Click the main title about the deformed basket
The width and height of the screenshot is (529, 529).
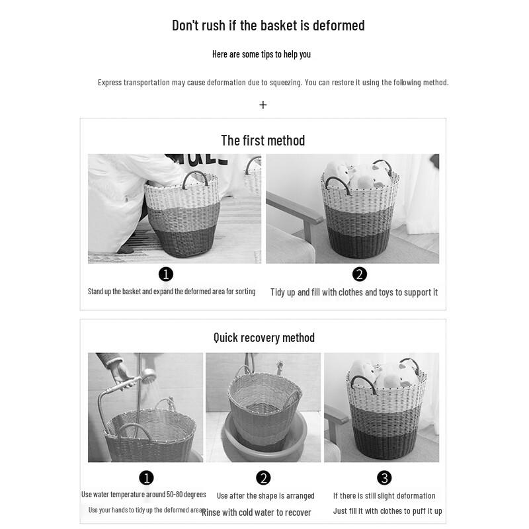(268, 26)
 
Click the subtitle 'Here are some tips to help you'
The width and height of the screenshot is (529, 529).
(261, 54)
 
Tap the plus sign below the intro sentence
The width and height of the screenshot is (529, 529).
(263, 104)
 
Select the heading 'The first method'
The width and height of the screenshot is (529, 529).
(263, 140)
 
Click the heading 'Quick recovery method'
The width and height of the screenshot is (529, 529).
(264, 337)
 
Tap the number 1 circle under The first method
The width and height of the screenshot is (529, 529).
(166, 274)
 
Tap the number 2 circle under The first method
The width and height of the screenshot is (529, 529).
(359, 274)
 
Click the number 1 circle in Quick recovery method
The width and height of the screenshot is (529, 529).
(146, 477)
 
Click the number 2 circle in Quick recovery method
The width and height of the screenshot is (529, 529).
(263, 477)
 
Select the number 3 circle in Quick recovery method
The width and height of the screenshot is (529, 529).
(384, 477)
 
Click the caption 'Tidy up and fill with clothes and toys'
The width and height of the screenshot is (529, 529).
(354, 292)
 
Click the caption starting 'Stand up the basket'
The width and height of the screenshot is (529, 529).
(171, 292)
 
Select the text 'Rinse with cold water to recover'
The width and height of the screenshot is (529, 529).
(256, 512)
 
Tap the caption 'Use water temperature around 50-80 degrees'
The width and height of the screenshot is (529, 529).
(143, 495)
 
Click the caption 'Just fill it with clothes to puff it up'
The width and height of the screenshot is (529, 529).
(387, 511)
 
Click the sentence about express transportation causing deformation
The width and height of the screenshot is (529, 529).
(273, 83)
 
